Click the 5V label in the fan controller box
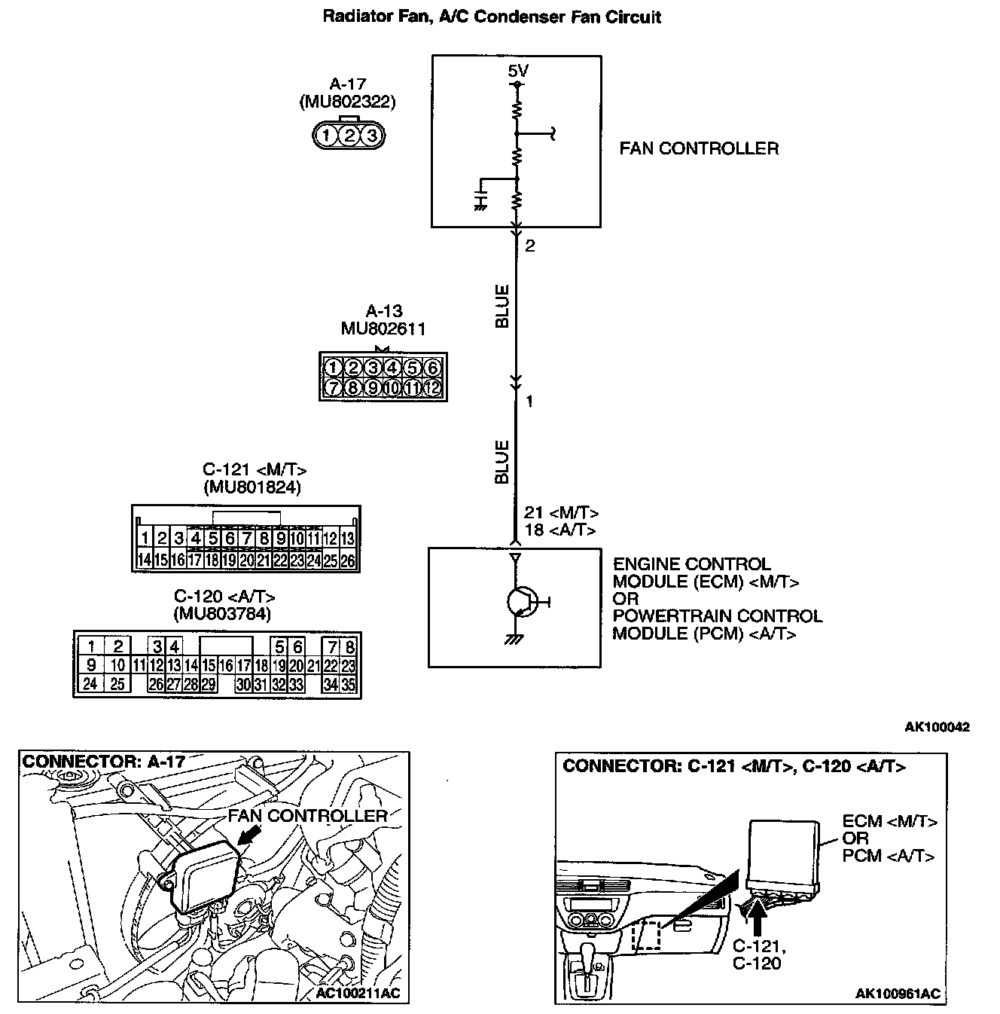pos(517,71)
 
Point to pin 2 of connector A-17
pos(349,136)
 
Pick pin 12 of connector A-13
pos(431,388)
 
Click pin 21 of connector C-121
pos(263,560)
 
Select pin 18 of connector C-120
pos(261,665)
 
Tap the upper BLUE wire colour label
pos(502,306)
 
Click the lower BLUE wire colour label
pos(502,462)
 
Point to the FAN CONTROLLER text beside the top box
pos(699,148)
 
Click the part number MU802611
pos(383,328)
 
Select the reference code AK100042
pos(937,727)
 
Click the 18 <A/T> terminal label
pos(560,530)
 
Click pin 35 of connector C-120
pos(349,685)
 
